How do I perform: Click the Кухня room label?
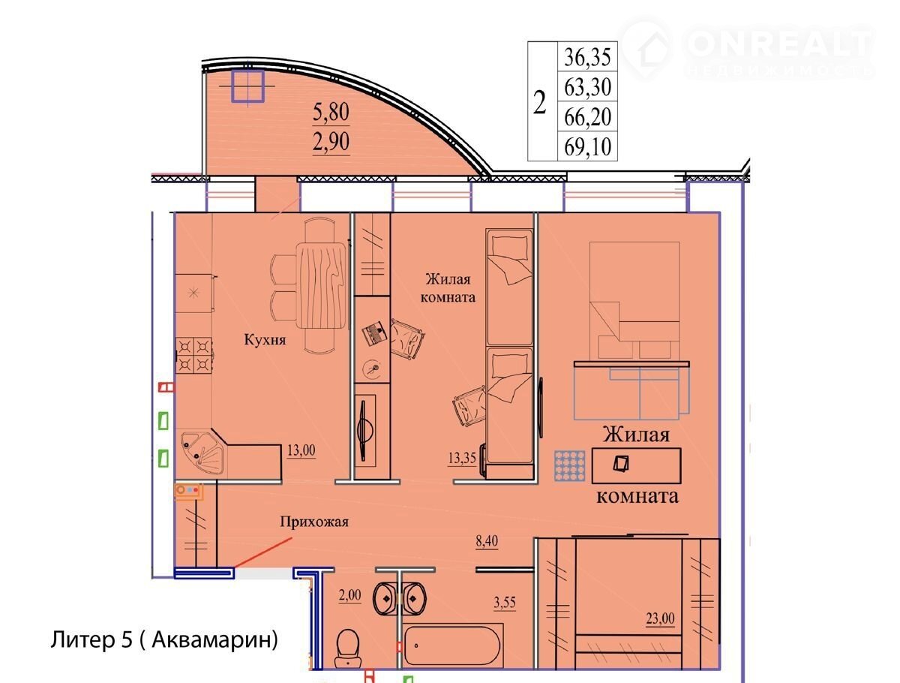coord(265,340)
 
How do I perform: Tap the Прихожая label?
coord(313,522)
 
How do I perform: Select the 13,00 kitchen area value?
coord(301,450)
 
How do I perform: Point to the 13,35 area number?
coord(462,458)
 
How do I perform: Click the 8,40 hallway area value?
coord(487,541)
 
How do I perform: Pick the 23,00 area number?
coord(660,618)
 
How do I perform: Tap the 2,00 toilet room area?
coord(349,594)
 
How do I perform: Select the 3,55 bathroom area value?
coord(504,602)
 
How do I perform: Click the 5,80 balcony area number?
coord(331,112)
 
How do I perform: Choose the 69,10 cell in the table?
coord(587,146)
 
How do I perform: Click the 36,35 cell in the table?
coord(587,56)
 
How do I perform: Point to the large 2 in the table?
coord(539,102)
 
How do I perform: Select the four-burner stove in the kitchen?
coord(194,355)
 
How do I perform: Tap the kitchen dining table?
coord(321,285)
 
